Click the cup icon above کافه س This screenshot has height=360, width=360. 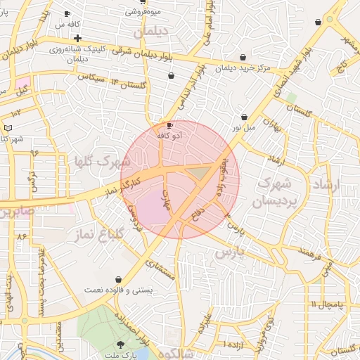click(67, 13)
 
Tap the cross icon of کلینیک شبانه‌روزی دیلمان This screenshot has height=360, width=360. click(77, 37)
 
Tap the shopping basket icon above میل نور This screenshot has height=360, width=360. click(244, 117)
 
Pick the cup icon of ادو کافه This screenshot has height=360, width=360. click(169, 125)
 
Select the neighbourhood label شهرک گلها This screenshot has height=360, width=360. click(97, 162)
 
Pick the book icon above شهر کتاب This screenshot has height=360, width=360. click(8, 128)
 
